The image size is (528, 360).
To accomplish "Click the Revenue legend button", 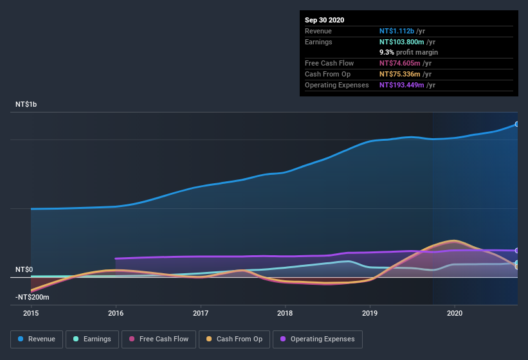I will pyautogui.click(x=37, y=339).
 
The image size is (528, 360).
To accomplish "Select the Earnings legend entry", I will pyautogui.click(x=92, y=339).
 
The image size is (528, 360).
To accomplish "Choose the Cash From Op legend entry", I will pyautogui.click(x=234, y=339).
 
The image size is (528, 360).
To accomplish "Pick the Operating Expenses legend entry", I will pyautogui.click(x=318, y=339).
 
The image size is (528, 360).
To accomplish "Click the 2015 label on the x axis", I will pyautogui.click(x=31, y=314).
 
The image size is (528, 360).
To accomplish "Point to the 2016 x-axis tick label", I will pyautogui.click(x=116, y=314).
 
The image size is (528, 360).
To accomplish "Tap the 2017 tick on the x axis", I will pyautogui.click(x=201, y=314).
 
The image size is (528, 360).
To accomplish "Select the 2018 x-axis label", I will pyautogui.click(x=285, y=314).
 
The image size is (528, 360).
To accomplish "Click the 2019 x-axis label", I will pyautogui.click(x=370, y=314).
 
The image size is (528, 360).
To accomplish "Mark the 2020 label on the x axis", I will pyautogui.click(x=455, y=314).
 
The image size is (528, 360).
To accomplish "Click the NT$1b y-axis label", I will pyautogui.click(x=27, y=104).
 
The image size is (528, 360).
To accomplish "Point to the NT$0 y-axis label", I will pyautogui.click(x=24, y=269).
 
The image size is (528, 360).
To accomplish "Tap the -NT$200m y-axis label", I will pyautogui.click(x=32, y=297).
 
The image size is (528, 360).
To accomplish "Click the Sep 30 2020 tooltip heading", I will pyautogui.click(x=324, y=20).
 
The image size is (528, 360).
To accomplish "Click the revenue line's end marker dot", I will pyautogui.click(x=517, y=124).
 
